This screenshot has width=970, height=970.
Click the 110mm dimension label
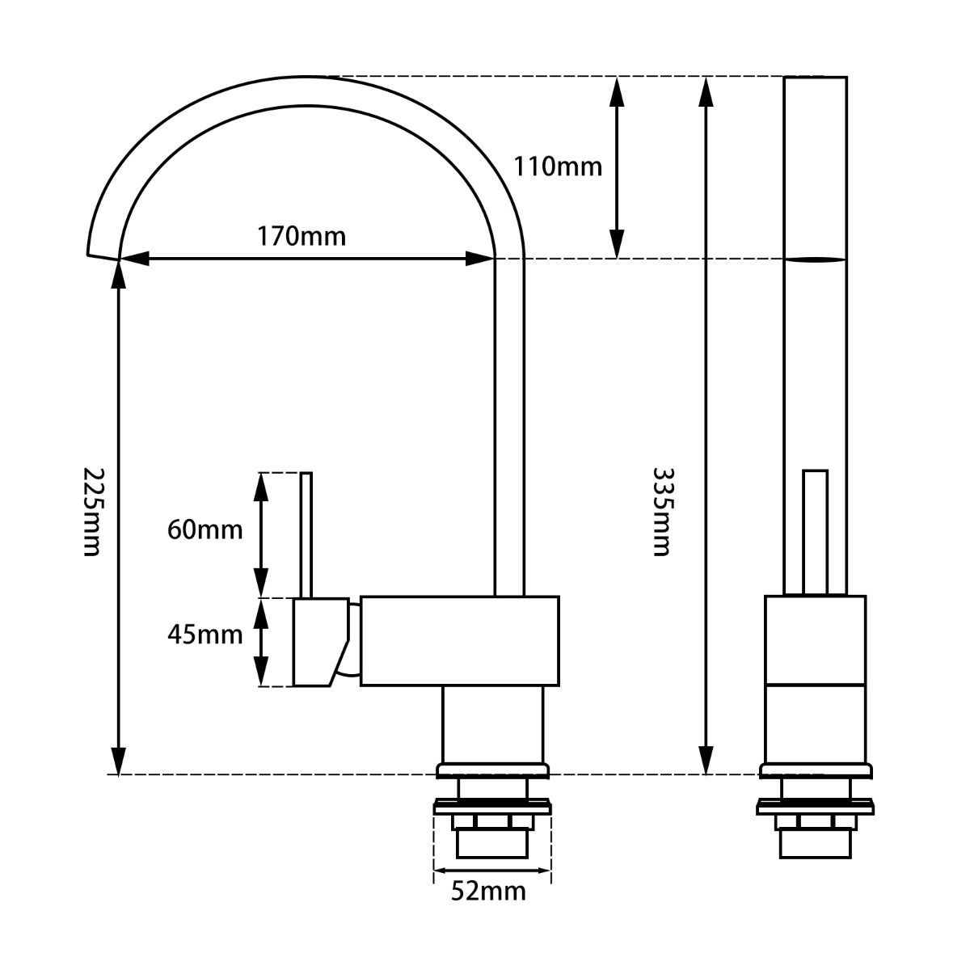[558, 167]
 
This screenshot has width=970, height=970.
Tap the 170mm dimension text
[302, 237]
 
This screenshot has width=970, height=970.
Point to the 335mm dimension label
[662, 512]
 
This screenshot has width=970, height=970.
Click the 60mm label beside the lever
[205, 530]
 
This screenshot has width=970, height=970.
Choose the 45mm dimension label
[205, 635]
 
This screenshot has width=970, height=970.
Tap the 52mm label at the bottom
[488, 892]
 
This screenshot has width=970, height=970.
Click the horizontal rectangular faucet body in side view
[459, 641]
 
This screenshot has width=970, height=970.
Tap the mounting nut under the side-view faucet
[492, 823]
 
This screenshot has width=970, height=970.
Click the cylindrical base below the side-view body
[492, 724]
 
